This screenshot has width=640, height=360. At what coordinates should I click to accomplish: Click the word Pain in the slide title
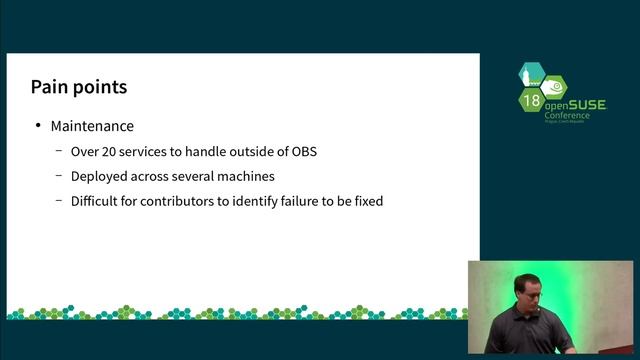pos(50,87)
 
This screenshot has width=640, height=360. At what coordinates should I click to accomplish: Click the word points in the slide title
pos(100,88)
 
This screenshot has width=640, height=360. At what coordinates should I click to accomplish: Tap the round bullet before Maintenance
pos(38,126)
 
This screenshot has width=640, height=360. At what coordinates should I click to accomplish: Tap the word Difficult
pos(97,201)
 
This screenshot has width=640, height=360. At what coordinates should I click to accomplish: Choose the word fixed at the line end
pos(366,201)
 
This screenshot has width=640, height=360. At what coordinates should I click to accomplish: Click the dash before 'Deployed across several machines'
pos(59,176)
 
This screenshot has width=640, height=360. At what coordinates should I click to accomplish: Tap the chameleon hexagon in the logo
pos(554,86)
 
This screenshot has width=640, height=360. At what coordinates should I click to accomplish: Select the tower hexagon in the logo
pos(529,74)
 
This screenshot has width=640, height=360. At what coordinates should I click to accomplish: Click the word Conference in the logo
pos(566,115)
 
